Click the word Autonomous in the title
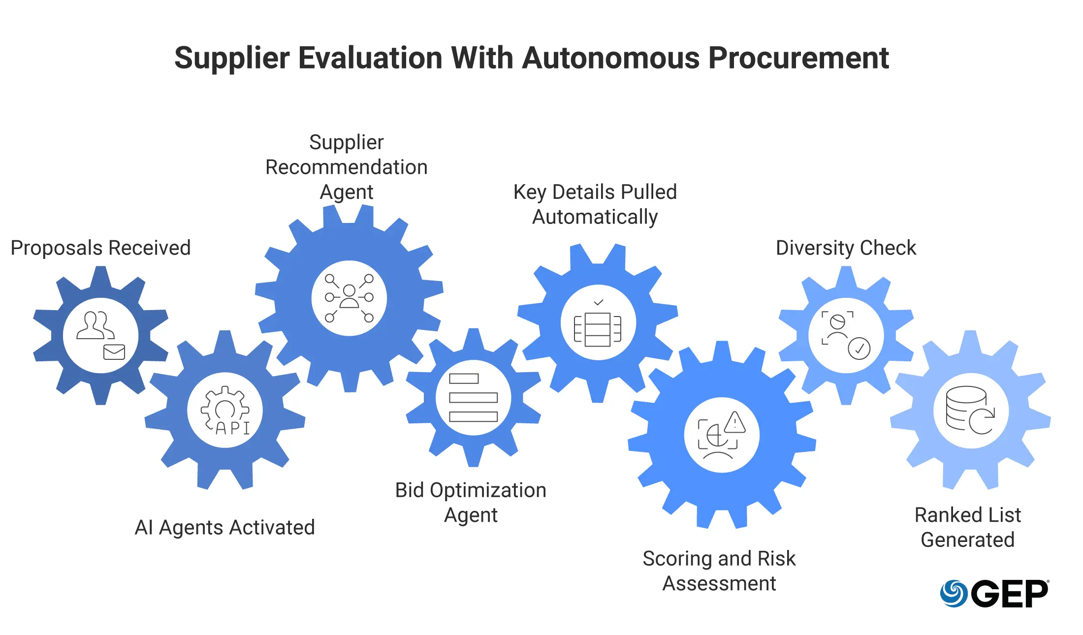click(x=611, y=58)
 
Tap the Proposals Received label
click(x=100, y=248)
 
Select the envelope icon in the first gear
click(x=114, y=352)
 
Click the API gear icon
click(x=225, y=410)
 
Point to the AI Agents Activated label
click(x=224, y=527)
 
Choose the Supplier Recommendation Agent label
click(x=347, y=167)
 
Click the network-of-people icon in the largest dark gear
click(x=349, y=298)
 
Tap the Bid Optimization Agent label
click(x=471, y=502)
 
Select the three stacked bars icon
click(x=473, y=398)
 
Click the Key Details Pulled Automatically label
click(x=595, y=204)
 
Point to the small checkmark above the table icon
click(x=599, y=302)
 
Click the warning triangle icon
click(x=735, y=422)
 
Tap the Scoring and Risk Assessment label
click(x=719, y=571)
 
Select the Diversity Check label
click(x=846, y=248)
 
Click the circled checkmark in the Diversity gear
click(x=859, y=349)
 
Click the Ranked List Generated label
click(x=967, y=527)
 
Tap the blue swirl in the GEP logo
click(x=954, y=594)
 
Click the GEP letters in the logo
click(x=1009, y=594)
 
